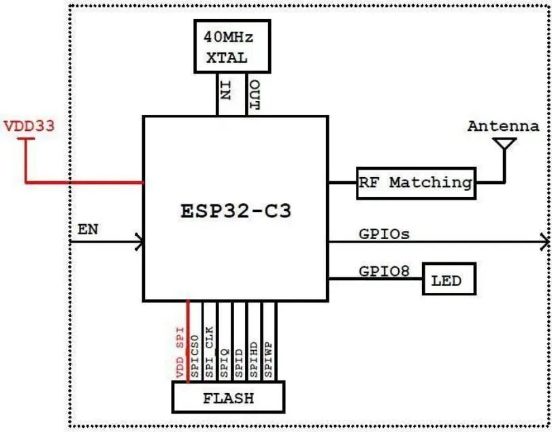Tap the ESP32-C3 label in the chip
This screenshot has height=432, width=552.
pos(236,211)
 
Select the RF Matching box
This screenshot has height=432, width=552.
pos(415,183)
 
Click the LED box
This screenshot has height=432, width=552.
pos(448,279)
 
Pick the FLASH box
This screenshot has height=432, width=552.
pos(228,397)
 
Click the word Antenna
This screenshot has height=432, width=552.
pos(503,126)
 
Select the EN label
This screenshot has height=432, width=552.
pos(87,229)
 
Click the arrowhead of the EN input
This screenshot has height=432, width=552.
pos(139,241)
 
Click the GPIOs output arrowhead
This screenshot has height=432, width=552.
pos(544,241)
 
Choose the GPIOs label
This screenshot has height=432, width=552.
pos(384,234)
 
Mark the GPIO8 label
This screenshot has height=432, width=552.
pos(384,271)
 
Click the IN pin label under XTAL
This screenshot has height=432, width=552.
pos(225,90)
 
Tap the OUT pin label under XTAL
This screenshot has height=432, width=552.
pos(254,93)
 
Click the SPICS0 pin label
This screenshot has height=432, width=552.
pos(195,356)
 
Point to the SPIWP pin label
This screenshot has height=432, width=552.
pos(269,356)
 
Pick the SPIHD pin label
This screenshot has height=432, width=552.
pos(254,356)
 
